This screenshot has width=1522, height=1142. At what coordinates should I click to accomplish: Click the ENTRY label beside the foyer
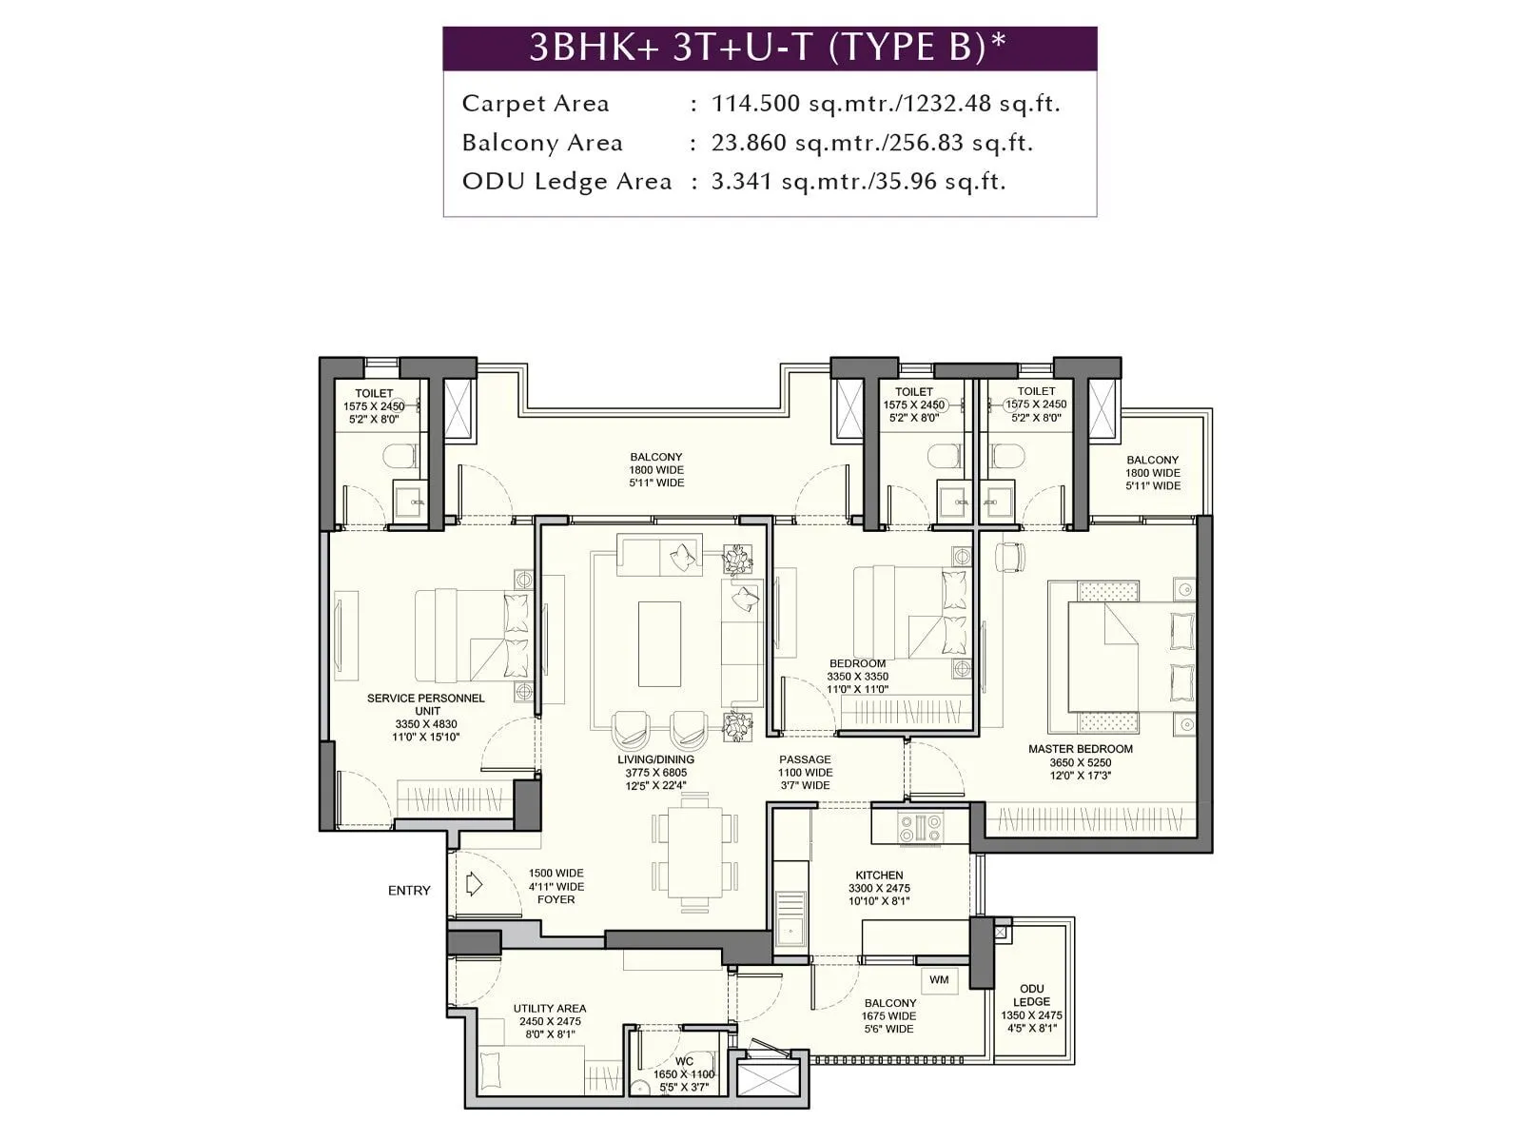[409, 891]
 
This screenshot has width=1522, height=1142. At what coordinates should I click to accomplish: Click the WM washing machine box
[939, 980]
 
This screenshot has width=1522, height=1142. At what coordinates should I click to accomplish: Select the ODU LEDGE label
[1031, 995]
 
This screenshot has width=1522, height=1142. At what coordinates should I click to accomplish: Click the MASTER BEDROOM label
[1080, 749]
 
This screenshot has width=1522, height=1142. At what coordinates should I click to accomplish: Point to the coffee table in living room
[659, 642]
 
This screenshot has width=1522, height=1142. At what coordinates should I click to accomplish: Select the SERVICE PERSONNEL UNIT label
[426, 704]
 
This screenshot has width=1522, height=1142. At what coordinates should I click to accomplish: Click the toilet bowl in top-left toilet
[400, 459]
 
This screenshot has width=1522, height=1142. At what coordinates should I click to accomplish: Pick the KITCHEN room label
[879, 876]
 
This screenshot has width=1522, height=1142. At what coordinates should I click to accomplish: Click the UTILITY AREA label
[550, 1009]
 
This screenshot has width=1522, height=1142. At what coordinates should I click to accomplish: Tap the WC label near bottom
[684, 1061]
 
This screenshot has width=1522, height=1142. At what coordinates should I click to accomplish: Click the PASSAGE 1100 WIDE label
[805, 773]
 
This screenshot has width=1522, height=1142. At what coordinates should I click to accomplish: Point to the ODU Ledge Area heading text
[567, 182]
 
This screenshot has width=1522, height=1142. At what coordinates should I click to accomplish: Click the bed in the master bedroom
[1118, 657]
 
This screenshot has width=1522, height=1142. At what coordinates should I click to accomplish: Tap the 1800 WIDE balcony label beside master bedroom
[1152, 473]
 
